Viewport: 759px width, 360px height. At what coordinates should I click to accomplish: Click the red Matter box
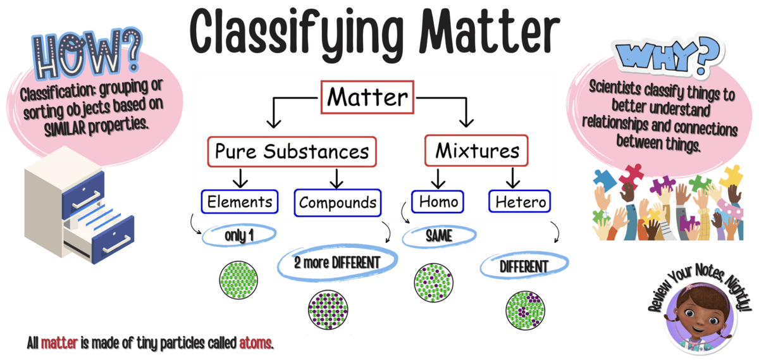367,97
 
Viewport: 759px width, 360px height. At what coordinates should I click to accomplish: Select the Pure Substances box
292,151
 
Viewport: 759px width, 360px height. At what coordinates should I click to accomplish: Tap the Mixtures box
476,151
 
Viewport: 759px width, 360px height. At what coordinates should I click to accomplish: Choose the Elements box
240,202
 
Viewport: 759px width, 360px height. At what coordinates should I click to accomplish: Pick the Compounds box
338,202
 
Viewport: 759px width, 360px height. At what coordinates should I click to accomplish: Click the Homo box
438,202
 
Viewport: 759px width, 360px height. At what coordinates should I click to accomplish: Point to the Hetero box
519,201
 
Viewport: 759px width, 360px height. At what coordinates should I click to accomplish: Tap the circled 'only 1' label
239,235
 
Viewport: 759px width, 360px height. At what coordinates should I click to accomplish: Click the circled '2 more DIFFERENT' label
337,263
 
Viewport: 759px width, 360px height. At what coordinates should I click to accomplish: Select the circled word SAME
439,235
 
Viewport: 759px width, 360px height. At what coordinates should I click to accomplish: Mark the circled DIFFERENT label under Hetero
524,266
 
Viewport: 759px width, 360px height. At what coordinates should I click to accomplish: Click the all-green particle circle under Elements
238,280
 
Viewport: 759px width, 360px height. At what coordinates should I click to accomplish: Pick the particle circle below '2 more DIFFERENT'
328,310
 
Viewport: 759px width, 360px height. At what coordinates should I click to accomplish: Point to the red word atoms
256,343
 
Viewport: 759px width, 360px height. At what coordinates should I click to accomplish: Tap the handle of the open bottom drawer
117,244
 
